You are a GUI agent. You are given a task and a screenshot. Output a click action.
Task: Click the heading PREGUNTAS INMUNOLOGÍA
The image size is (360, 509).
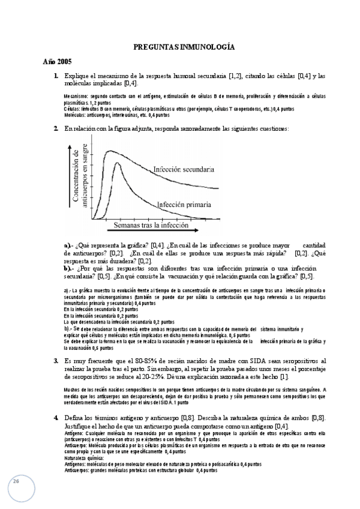[x=184, y=46]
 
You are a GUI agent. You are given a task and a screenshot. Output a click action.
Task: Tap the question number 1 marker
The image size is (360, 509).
[x=55, y=76]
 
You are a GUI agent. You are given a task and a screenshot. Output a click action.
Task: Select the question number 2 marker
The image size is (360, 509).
[x=55, y=129]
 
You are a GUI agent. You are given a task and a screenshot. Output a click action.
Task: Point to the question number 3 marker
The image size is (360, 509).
[x=55, y=361]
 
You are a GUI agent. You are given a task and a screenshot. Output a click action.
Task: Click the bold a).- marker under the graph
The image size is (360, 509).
[x=70, y=245]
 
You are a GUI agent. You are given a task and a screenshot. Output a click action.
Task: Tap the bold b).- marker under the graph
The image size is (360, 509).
[x=70, y=268]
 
